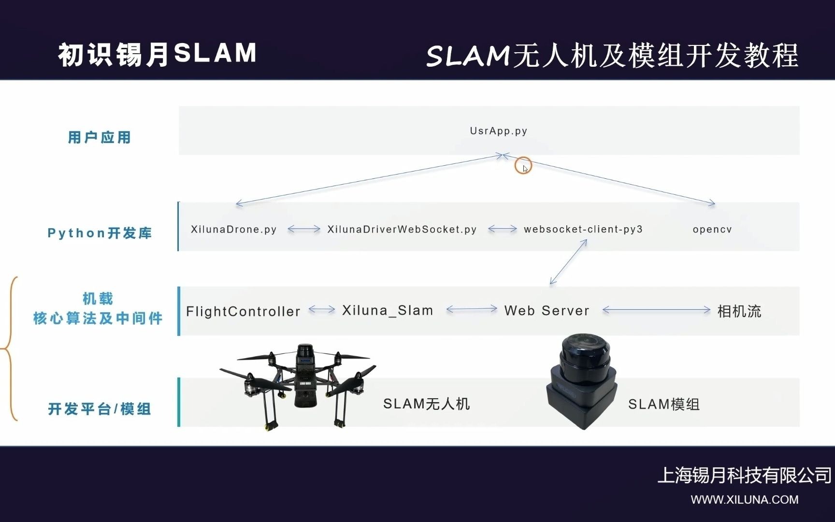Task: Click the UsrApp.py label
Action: (x=498, y=131)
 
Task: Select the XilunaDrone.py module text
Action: (x=233, y=229)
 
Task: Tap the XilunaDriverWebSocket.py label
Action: (x=402, y=229)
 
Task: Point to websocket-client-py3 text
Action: (x=583, y=229)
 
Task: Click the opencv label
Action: (x=712, y=230)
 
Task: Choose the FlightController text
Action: (x=243, y=311)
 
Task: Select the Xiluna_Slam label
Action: (x=388, y=310)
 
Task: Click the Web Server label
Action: (x=547, y=311)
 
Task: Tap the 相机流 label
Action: (x=739, y=311)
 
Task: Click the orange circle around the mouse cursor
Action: (x=523, y=166)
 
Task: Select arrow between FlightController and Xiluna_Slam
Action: (x=321, y=309)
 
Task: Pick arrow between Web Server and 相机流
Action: (x=656, y=310)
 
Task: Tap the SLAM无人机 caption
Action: (x=426, y=404)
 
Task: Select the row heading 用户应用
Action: (x=100, y=137)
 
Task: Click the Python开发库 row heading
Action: (x=100, y=233)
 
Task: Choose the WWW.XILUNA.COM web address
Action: (x=744, y=500)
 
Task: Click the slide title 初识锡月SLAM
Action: (x=157, y=54)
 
